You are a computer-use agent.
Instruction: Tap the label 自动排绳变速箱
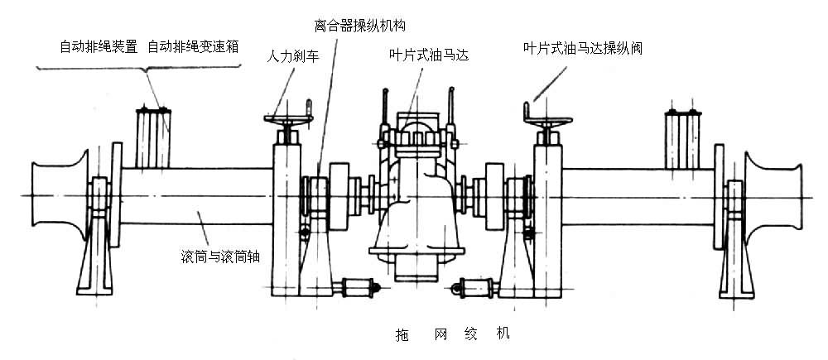(x=194, y=46)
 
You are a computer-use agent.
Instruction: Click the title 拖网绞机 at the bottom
(x=452, y=335)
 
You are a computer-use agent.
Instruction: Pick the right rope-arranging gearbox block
(x=684, y=137)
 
